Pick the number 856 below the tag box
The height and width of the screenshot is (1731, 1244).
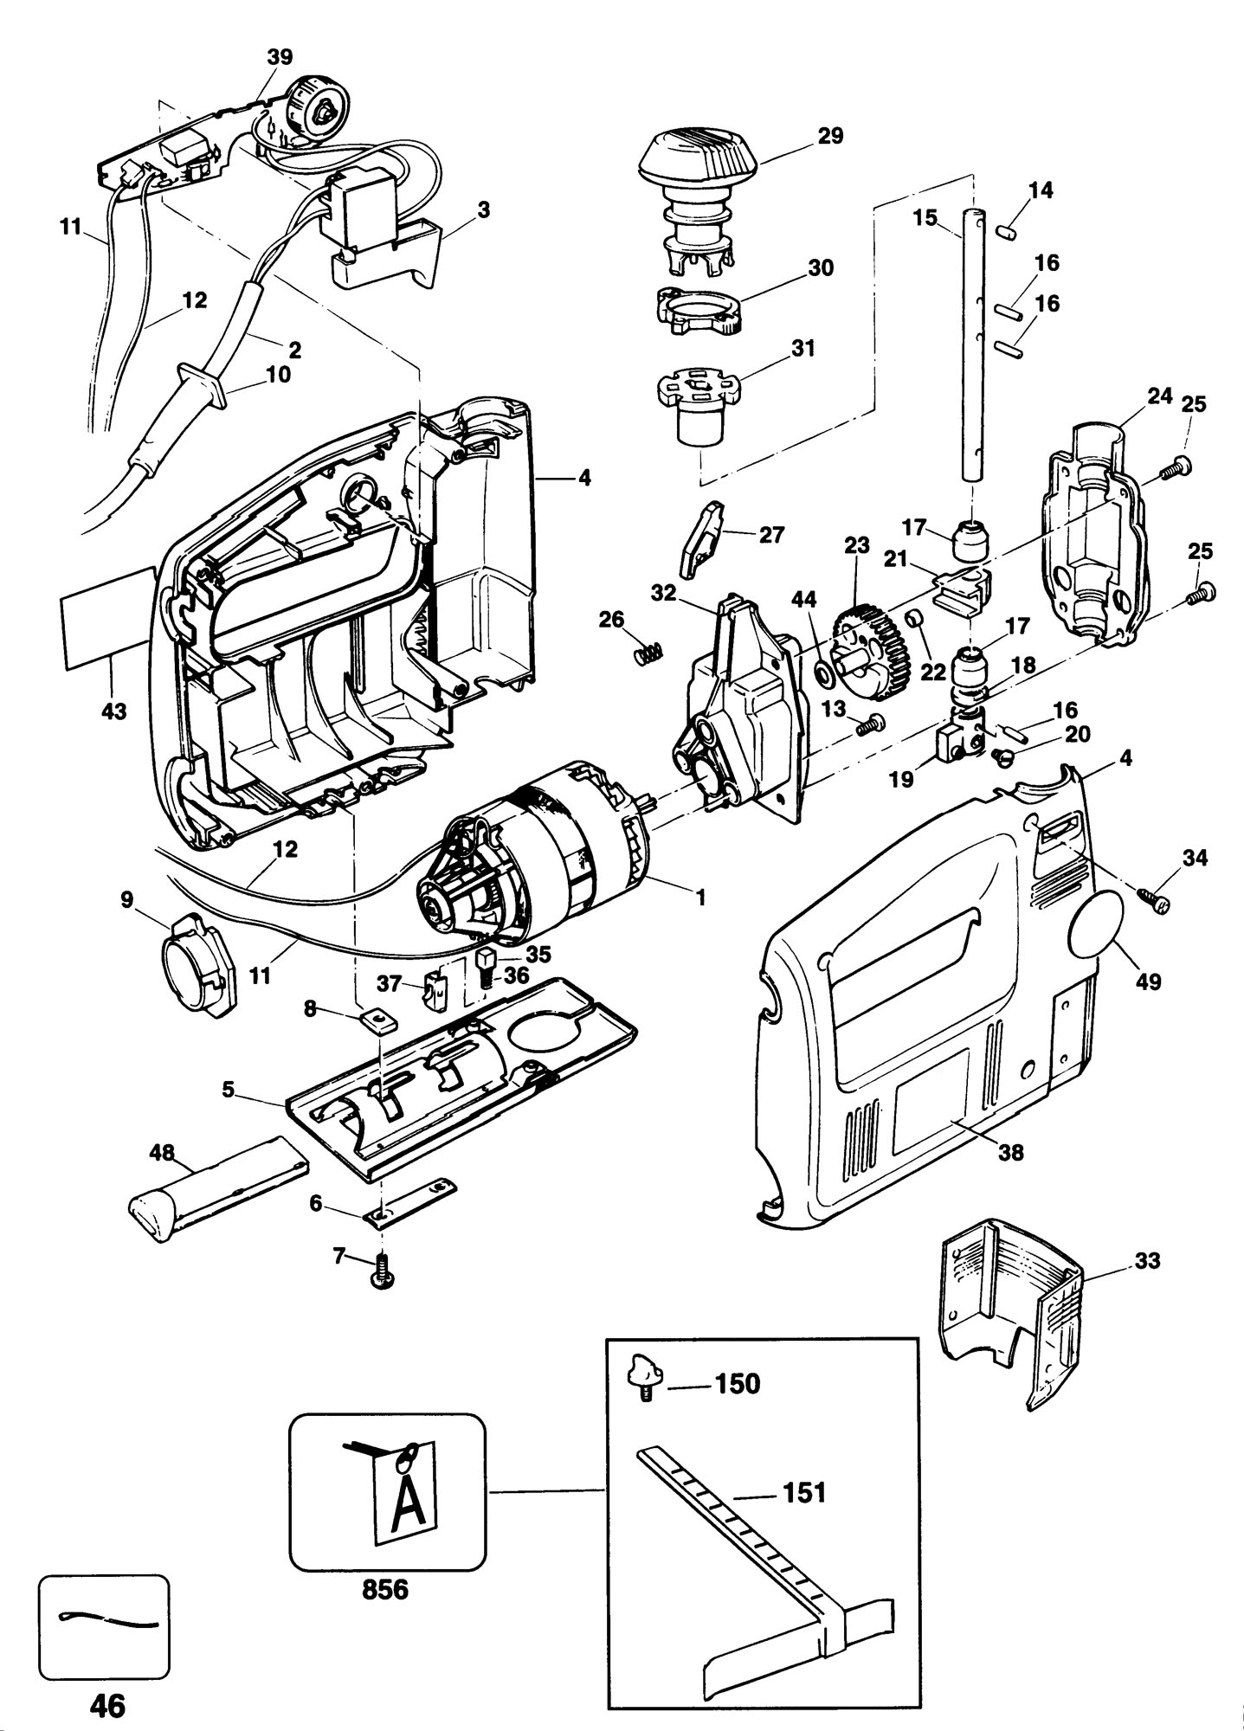click(385, 1590)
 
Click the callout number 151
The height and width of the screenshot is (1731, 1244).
click(804, 1491)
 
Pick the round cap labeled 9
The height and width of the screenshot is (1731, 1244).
click(196, 969)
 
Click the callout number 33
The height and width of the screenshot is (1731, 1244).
click(1146, 1260)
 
